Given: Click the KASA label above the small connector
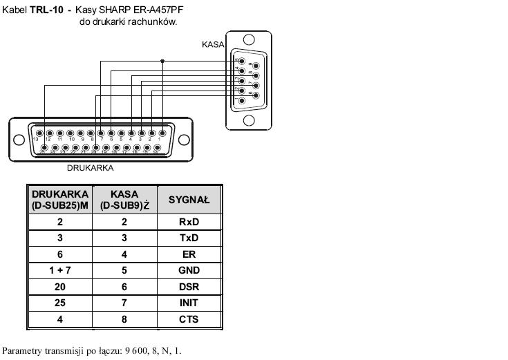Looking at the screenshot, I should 213,44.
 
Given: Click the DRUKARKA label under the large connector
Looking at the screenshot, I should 90,167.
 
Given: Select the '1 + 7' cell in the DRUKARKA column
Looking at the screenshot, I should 60,270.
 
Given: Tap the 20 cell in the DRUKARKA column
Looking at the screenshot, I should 60,287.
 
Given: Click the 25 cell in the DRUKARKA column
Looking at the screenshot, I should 60,303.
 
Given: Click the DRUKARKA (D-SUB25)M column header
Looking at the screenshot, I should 60,200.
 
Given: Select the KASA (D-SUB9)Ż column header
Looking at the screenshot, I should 124,200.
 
